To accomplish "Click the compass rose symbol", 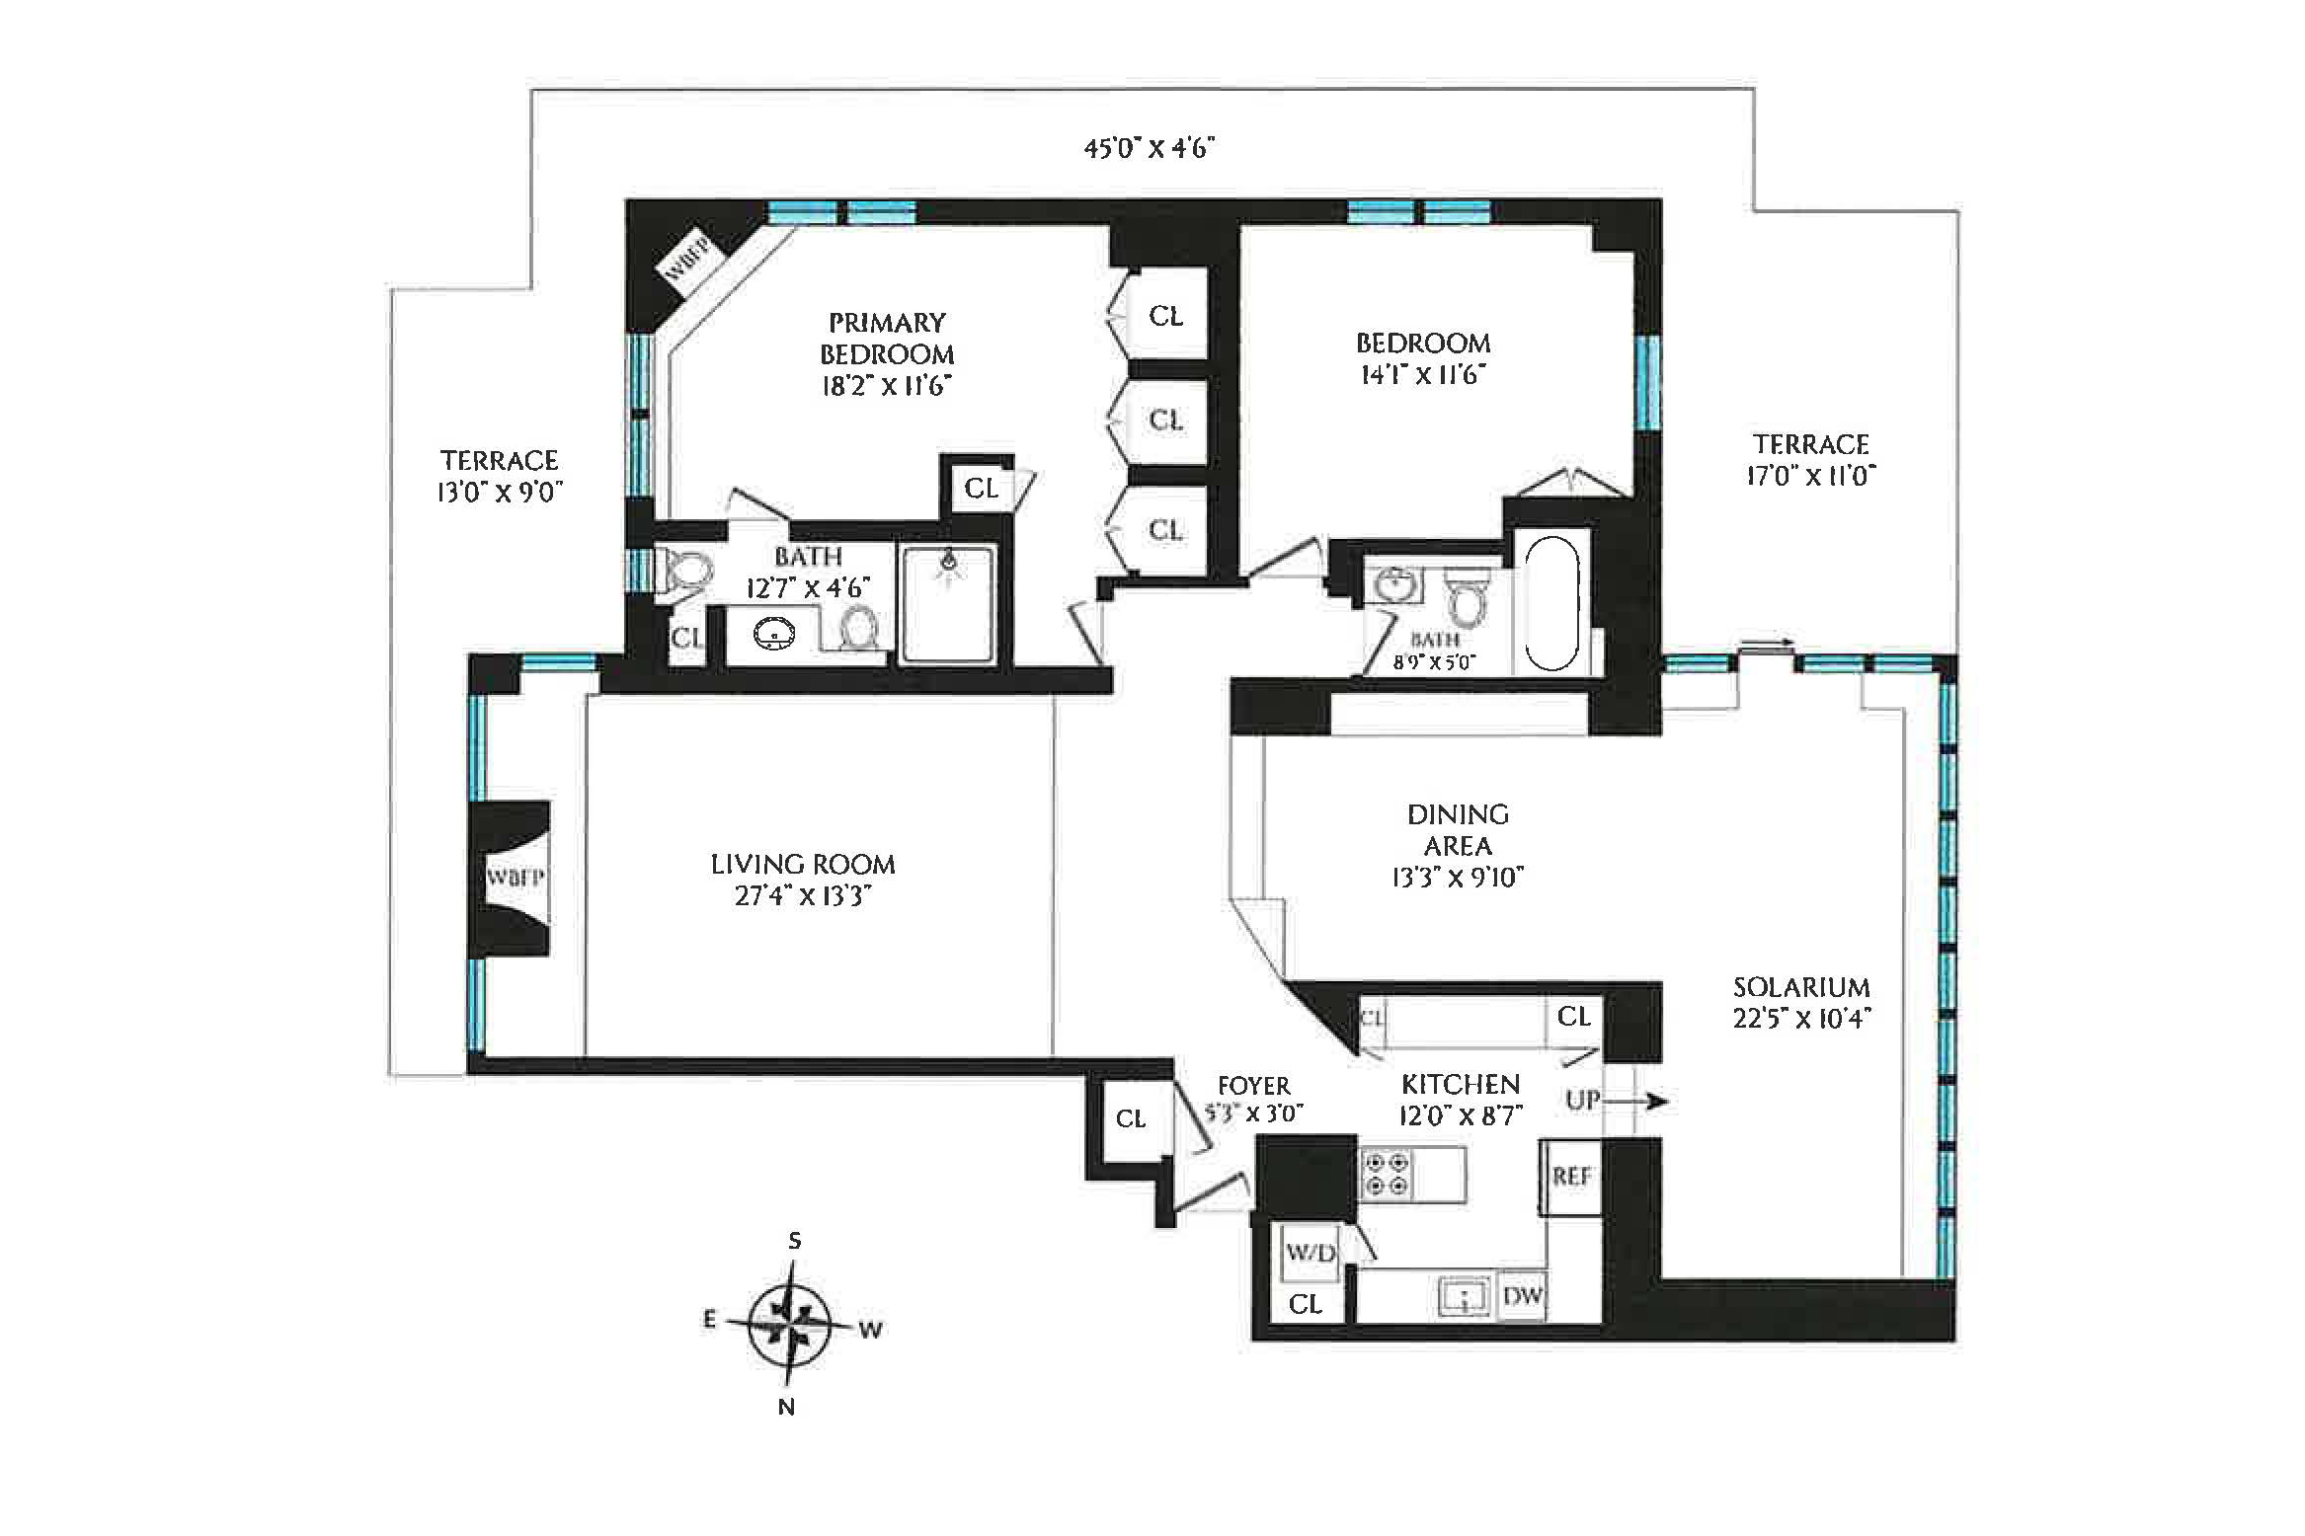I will (x=790, y=1323).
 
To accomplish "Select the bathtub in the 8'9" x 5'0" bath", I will (x=1551, y=603).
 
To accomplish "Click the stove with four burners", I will (x=1387, y=1174).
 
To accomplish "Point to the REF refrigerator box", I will (x=1570, y=1177).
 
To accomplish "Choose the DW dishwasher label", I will (x=1522, y=1295).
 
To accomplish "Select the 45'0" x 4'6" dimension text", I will (x=1149, y=148).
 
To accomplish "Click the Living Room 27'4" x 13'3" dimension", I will (x=802, y=896).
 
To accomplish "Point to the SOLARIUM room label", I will (x=1801, y=987).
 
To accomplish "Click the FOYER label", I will (x=1253, y=1086).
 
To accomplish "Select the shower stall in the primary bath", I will (x=948, y=603).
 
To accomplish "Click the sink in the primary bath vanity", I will (x=774, y=634).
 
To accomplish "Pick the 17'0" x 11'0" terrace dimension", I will (x=1811, y=476).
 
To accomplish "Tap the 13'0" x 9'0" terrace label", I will (x=500, y=492).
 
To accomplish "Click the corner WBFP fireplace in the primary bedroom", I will (x=688, y=259).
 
